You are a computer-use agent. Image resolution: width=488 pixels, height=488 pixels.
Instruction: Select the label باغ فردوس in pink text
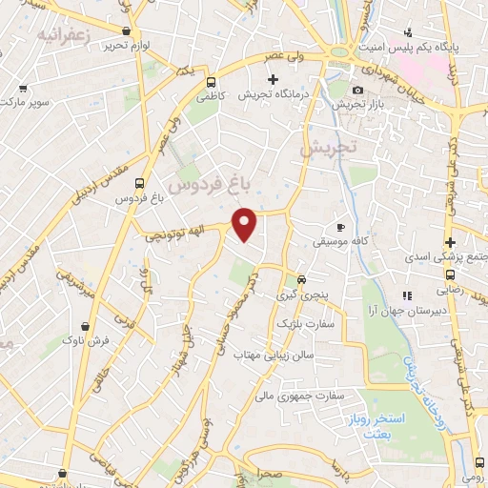point(205,181)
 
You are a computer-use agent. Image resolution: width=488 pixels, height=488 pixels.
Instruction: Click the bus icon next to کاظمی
point(212,82)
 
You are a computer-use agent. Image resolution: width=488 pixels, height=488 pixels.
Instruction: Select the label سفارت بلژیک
point(302,324)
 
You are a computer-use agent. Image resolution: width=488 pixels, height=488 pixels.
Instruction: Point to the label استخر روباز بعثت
point(398,398)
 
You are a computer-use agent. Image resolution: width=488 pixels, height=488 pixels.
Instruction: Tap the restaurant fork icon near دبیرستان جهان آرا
point(407,295)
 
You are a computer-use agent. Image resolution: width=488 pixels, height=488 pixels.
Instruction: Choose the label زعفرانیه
point(61,35)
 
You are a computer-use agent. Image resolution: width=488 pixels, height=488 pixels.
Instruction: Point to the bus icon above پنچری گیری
point(301,280)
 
